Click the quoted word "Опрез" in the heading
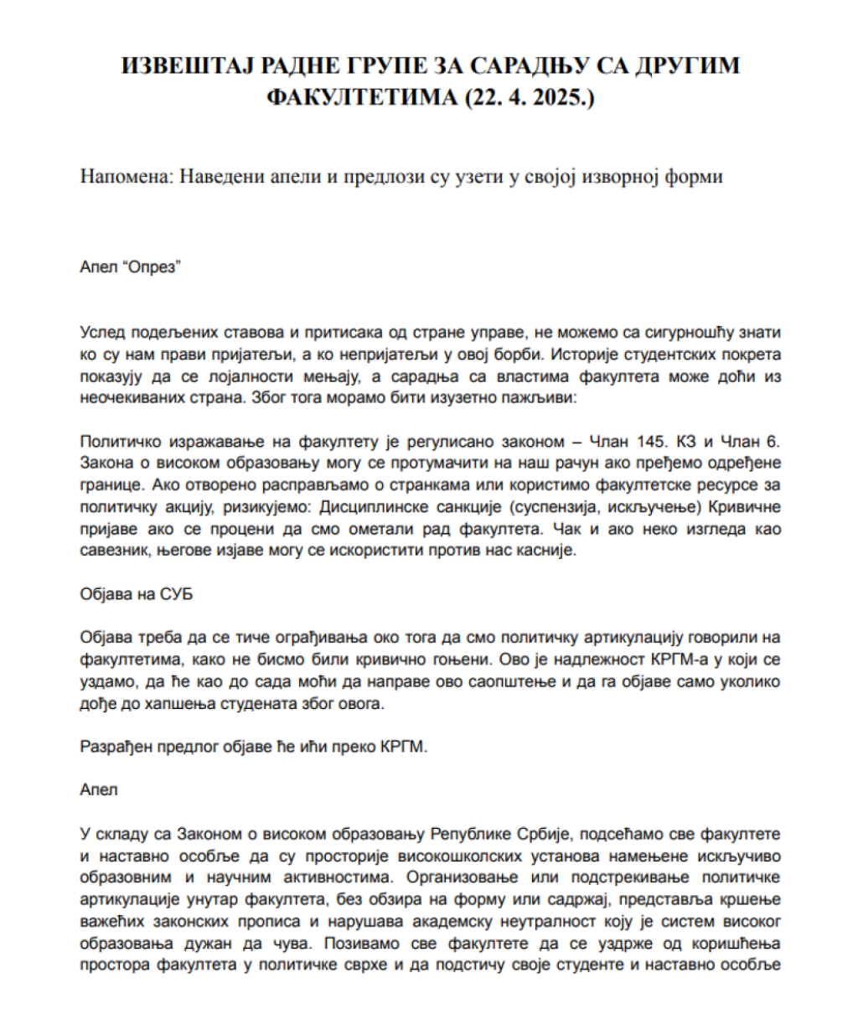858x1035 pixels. [x=155, y=267]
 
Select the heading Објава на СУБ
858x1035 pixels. [x=137, y=594]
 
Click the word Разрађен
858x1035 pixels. [x=116, y=748]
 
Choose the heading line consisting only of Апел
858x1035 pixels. [x=99, y=790]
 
